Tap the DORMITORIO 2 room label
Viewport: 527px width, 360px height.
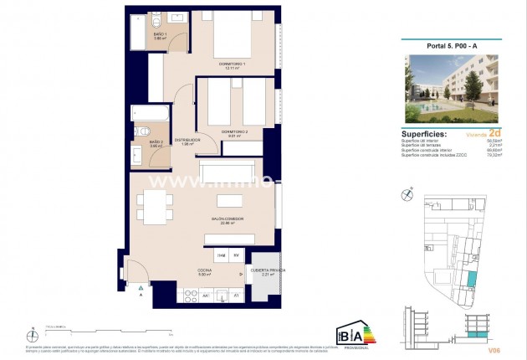click(x=235, y=132)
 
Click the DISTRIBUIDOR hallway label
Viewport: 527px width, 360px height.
click(x=187, y=141)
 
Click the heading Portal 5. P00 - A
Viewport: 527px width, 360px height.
click(x=453, y=46)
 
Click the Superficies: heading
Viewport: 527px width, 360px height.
click(x=424, y=133)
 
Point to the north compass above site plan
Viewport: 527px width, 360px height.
click(x=407, y=193)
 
